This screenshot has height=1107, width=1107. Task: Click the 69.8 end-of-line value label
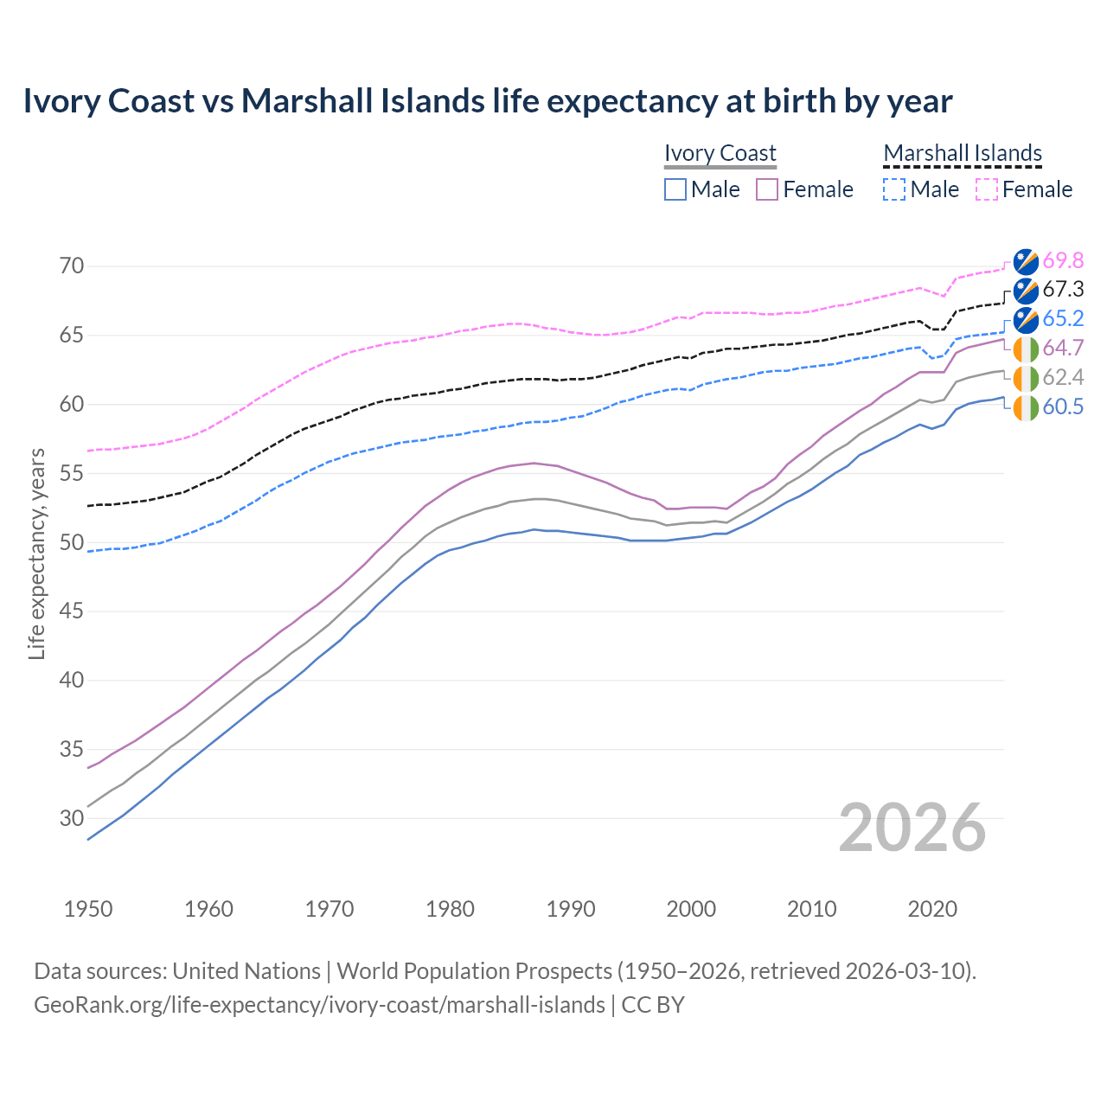[1063, 260]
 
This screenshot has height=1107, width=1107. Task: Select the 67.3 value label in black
[1063, 290]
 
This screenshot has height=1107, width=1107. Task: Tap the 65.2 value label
[1063, 318]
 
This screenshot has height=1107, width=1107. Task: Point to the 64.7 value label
[1063, 349]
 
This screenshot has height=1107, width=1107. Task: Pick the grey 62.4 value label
[1063, 377]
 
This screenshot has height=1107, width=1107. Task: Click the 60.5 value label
[1063, 406]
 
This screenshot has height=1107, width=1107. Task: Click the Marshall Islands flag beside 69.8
[1027, 261]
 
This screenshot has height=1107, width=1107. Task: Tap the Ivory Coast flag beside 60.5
[1027, 407]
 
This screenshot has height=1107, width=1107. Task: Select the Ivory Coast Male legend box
[675, 189]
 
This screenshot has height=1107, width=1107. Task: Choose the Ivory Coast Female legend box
[767, 189]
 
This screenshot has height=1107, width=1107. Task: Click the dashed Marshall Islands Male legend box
[894, 189]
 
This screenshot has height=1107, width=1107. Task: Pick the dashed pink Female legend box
[987, 189]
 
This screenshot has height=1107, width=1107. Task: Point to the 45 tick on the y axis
[72, 611]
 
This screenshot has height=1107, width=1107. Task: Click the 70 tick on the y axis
[72, 266]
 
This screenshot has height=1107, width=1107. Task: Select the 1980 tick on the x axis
[450, 909]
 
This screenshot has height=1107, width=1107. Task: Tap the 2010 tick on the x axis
[811, 909]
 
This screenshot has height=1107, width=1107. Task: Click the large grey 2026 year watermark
[912, 828]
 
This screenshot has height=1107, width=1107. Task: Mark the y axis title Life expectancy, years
[37, 553]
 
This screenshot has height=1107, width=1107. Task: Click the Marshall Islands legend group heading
[963, 153]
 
